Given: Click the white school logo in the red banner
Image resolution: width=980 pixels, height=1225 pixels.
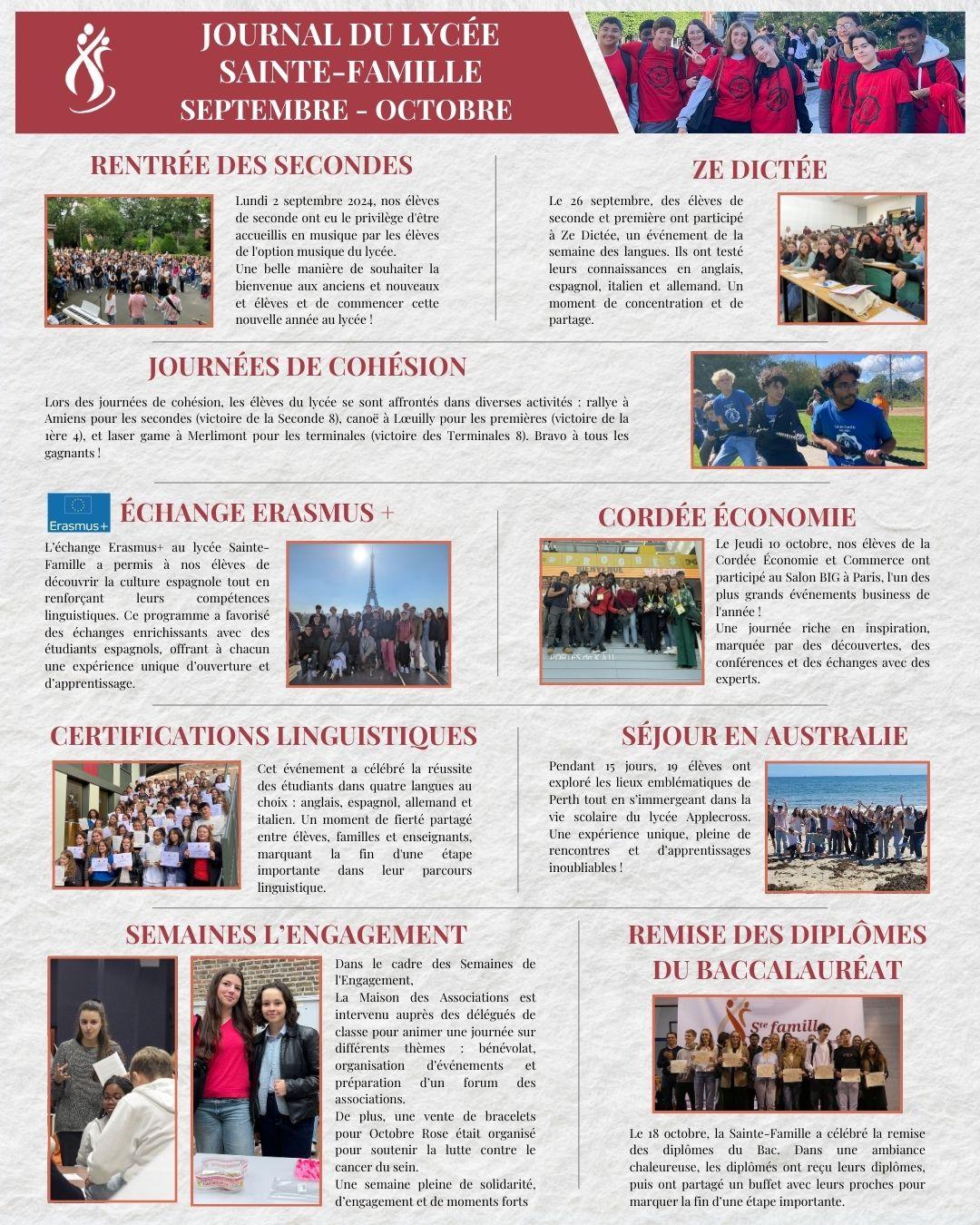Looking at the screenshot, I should (88, 70).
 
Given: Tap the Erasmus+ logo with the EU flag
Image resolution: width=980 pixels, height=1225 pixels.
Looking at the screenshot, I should (79, 513).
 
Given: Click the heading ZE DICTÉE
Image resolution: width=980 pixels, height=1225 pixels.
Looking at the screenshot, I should (759, 170).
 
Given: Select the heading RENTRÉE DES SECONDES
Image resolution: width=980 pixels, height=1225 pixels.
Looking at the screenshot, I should (251, 165).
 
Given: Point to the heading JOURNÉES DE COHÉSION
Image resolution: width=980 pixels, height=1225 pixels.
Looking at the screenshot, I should (307, 367).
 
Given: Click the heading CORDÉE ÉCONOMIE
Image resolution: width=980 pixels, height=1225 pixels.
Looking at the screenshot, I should (726, 517).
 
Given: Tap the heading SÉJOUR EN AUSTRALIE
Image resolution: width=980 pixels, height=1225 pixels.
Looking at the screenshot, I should (764, 735).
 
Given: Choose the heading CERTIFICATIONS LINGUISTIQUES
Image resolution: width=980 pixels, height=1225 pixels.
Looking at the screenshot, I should (263, 735).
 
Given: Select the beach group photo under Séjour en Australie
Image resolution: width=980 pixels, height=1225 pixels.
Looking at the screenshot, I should (847, 827).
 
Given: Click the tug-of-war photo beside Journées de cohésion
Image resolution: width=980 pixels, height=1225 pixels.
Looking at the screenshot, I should (808, 410).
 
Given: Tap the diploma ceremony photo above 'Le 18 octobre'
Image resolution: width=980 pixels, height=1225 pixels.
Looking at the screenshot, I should (777, 1053).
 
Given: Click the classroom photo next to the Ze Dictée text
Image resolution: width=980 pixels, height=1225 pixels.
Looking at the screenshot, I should (851, 259).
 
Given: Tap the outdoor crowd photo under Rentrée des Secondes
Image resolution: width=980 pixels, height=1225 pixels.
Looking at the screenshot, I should (129, 261).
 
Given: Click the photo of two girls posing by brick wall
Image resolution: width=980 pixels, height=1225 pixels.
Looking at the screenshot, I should (256, 1080).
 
